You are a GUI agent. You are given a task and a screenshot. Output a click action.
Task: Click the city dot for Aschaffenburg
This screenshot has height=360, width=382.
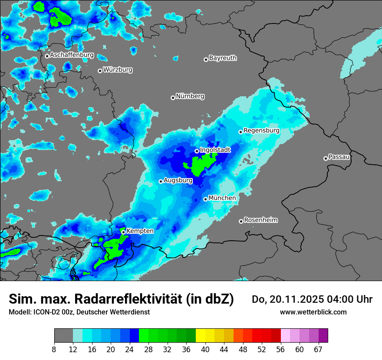(47, 56)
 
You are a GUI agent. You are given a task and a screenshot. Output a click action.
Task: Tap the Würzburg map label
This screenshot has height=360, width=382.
(118, 69)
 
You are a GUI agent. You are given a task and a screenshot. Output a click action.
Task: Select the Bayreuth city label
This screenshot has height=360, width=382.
(223, 58)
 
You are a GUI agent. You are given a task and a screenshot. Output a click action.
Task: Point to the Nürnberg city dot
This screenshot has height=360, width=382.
(173, 98)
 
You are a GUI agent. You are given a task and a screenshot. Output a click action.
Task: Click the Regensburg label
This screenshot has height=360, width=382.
(261, 130)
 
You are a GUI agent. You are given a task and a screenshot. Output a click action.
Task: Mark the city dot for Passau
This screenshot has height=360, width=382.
(326, 158)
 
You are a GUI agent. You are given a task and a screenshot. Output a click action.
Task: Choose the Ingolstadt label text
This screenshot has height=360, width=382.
(215, 150)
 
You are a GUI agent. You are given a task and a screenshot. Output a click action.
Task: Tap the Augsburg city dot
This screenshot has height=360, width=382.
(161, 181)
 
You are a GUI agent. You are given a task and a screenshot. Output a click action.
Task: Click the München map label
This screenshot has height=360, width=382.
(222, 198)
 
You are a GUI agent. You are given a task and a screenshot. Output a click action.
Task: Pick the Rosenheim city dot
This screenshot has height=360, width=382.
(241, 221)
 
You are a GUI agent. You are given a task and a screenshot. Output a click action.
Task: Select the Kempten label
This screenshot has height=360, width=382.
(140, 231)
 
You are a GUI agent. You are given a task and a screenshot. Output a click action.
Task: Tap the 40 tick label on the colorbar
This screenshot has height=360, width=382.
(205, 350)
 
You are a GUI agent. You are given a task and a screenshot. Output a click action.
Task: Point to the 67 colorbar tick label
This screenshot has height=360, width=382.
(318, 350)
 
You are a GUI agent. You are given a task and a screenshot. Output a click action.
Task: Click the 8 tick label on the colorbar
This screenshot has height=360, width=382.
(54, 350)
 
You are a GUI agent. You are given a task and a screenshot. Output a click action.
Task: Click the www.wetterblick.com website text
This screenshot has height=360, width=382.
(313, 312)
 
